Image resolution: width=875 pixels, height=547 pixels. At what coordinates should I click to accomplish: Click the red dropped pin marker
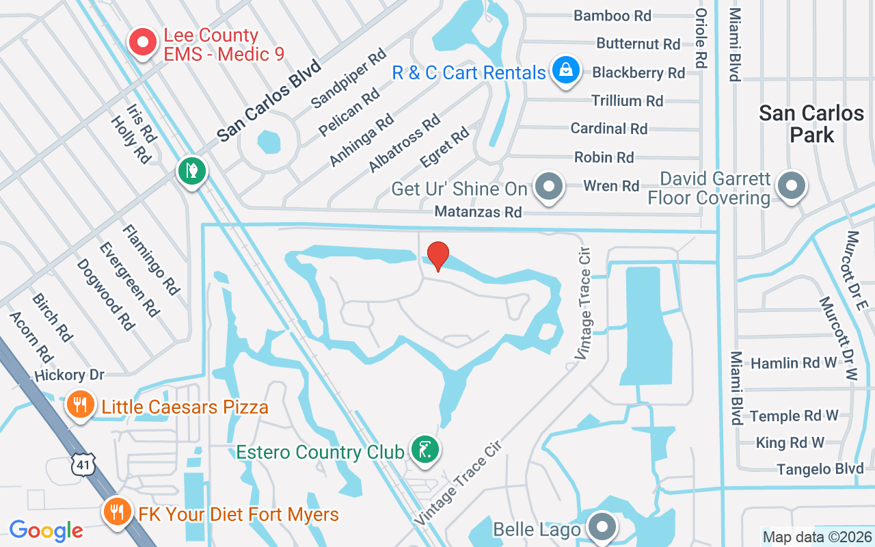pyautogui.click(x=438, y=256)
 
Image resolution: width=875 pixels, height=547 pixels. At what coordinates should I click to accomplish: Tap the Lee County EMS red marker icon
pyautogui.click(x=143, y=42)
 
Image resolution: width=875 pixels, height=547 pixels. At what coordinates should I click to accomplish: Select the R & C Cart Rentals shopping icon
pyautogui.click(x=566, y=70)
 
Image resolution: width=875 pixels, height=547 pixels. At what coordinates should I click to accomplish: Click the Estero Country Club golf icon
pyautogui.click(x=425, y=450)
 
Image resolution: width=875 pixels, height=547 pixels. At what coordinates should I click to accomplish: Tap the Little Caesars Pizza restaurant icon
pyautogui.click(x=80, y=404)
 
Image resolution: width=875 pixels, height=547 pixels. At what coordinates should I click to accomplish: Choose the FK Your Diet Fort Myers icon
pyautogui.click(x=117, y=511)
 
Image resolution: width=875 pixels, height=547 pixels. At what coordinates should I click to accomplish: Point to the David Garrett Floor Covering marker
pyautogui.click(x=792, y=185)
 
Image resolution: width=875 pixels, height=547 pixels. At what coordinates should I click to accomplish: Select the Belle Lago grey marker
pyautogui.click(x=602, y=527)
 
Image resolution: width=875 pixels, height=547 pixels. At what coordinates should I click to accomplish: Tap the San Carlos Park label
pyautogui.click(x=811, y=124)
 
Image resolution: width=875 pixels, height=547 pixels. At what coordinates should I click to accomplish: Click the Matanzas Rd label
pyautogui.click(x=479, y=213)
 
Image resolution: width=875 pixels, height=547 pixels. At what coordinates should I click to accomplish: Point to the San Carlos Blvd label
pyautogui.click(x=269, y=101)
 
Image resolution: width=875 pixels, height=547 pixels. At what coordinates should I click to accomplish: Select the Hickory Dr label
pyautogui.click(x=69, y=375)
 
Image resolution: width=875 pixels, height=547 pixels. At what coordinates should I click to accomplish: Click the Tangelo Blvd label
pyautogui.click(x=820, y=469)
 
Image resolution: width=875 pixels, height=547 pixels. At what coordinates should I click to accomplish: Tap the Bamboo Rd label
pyautogui.click(x=612, y=15)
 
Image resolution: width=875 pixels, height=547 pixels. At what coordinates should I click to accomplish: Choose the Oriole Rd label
pyautogui.click(x=701, y=38)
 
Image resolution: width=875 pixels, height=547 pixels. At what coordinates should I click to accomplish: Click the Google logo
pyautogui.click(x=46, y=530)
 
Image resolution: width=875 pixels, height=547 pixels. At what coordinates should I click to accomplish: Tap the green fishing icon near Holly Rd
pyautogui.click(x=192, y=170)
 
